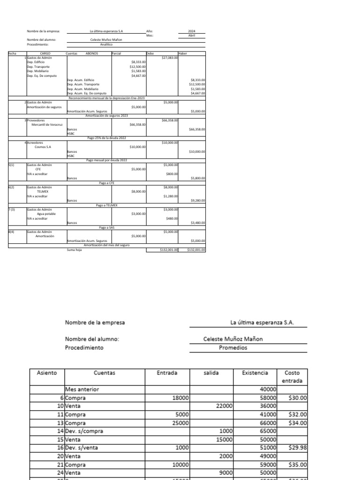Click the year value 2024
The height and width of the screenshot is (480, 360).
coord(191,31)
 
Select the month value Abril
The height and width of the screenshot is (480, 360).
coord(191,35)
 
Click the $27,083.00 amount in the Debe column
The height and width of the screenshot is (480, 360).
coord(169,58)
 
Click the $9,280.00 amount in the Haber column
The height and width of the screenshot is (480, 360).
coord(197,201)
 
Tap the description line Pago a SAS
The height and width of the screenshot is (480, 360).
coord(106,227)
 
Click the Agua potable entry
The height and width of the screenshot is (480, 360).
coord(47,214)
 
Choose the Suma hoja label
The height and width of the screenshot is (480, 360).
coord(75,250)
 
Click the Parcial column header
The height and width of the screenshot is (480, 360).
coord(117,53)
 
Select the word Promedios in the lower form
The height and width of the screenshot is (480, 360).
coord(233,348)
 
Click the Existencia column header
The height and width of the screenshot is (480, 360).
coord(255,373)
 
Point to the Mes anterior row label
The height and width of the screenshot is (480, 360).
coord(82,389)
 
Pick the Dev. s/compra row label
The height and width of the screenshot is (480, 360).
coord(84,431)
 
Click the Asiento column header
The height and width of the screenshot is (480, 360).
coord(47,373)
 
